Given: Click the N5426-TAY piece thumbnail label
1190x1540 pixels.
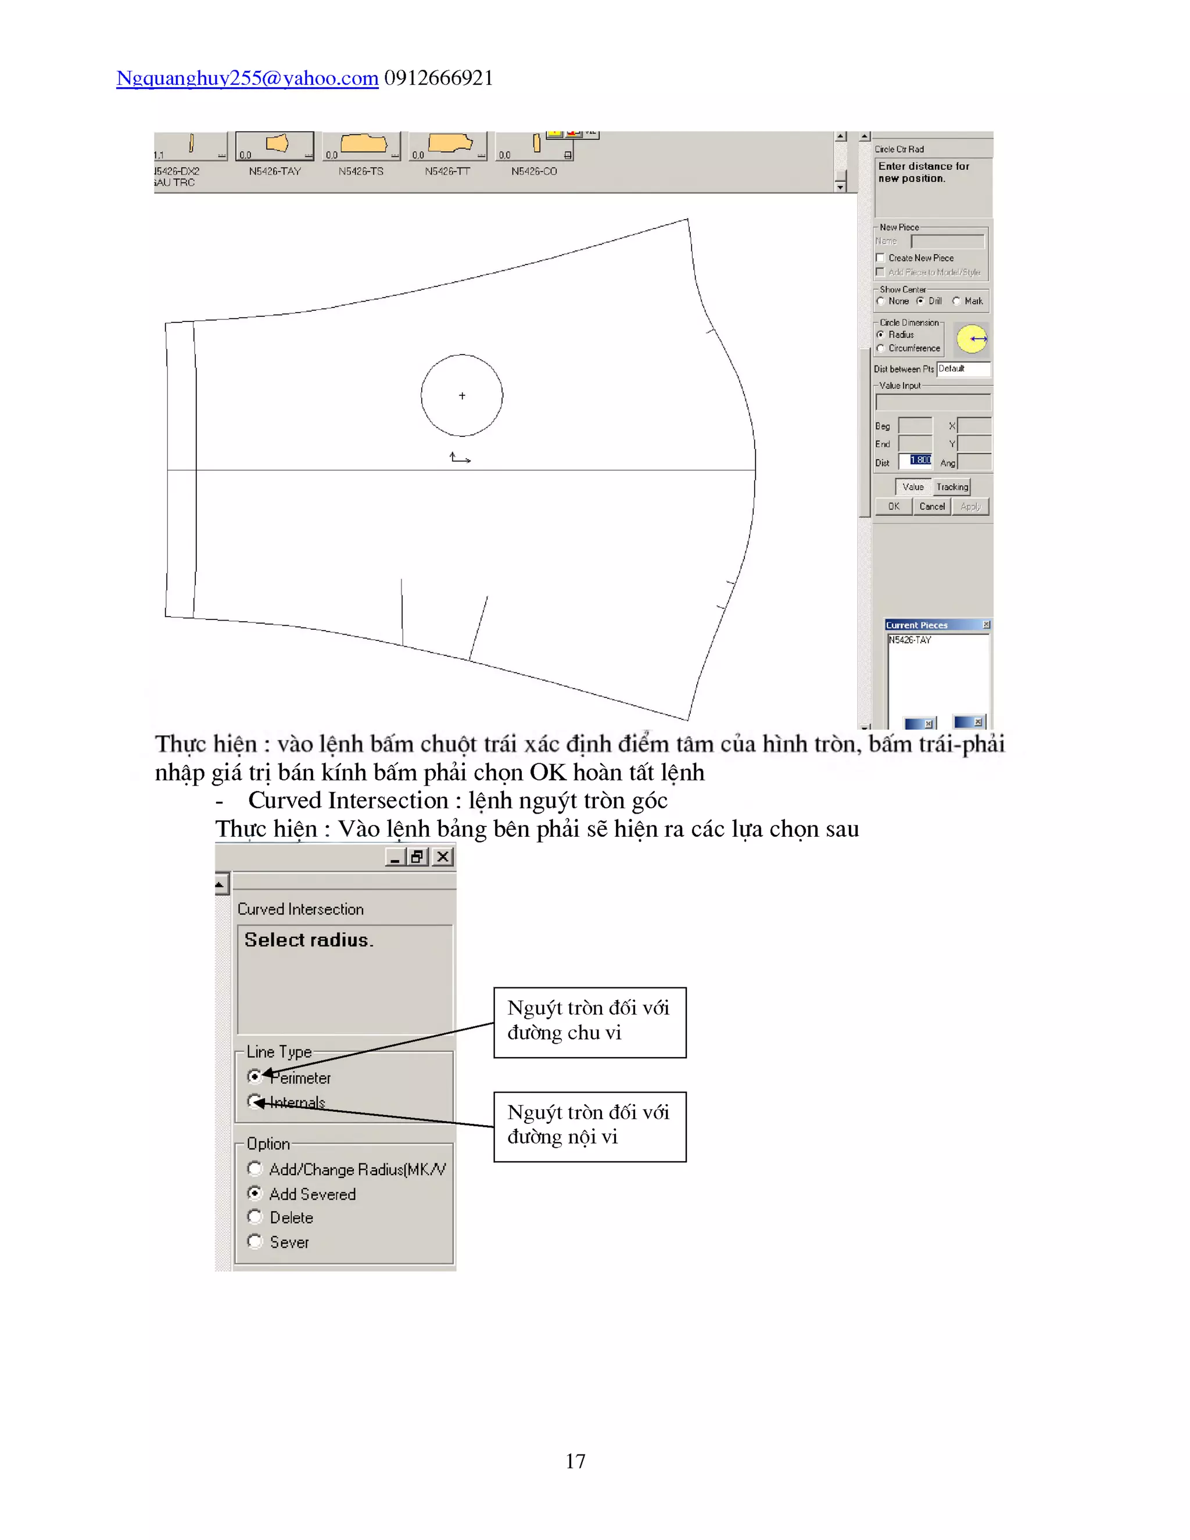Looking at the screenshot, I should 274,171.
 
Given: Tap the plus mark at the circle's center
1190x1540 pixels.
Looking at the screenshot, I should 462,396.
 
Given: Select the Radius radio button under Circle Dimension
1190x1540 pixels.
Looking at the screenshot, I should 880,335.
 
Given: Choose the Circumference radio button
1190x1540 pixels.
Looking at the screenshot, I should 880,348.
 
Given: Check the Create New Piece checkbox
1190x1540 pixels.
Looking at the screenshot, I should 880,258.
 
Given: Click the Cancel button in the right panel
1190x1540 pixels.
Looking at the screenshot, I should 931,506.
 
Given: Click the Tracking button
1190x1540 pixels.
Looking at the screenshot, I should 952,486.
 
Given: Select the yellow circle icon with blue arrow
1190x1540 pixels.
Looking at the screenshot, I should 972,339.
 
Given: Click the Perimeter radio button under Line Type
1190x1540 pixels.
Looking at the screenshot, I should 255,1076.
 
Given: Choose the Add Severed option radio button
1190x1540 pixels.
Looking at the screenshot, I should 255,1193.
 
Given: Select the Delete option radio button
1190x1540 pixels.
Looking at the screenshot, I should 255,1217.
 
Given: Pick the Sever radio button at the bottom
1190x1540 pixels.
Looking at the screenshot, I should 255,1241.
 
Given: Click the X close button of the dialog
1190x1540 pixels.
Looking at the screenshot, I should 443,857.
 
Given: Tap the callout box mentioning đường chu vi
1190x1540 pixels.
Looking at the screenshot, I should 589,1022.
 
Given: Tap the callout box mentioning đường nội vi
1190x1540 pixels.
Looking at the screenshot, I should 589,1126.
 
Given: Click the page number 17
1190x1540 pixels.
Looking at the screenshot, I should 575,1460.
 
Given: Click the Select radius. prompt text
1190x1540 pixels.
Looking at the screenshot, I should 309,940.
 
